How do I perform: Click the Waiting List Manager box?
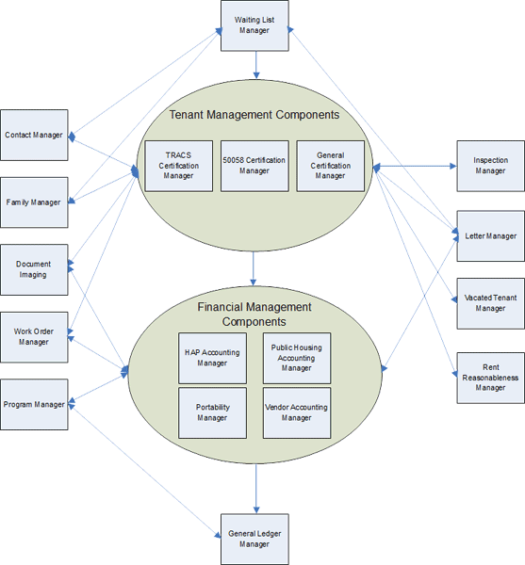click(x=254, y=25)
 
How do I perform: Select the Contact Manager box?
click(x=34, y=135)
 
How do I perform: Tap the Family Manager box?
click(x=34, y=202)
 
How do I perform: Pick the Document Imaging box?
click(x=34, y=269)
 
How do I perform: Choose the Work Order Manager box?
click(x=34, y=337)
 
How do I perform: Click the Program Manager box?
click(x=34, y=404)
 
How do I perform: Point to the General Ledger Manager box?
click(x=254, y=539)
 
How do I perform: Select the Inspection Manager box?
click(x=491, y=166)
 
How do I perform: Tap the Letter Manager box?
click(x=491, y=236)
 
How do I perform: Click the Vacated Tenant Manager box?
click(x=491, y=303)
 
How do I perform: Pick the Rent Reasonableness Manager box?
click(x=491, y=378)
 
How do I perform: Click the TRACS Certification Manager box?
click(x=178, y=166)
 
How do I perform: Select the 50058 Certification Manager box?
click(x=254, y=166)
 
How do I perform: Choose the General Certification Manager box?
click(x=330, y=166)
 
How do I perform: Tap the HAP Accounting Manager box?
click(x=212, y=358)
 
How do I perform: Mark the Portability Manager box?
click(x=212, y=413)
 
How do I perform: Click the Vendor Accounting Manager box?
click(x=297, y=413)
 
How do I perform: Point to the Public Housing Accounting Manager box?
click(x=297, y=358)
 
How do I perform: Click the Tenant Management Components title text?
click(x=254, y=115)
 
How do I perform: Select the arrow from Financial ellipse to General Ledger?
click(x=256, y=489)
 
